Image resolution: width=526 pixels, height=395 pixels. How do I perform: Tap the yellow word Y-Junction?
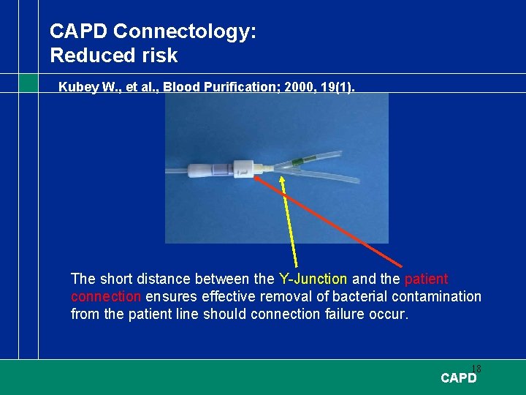(313, 279)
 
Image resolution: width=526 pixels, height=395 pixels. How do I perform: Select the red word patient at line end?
(426, 279)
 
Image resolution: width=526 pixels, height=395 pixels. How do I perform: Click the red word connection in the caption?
(106, 296)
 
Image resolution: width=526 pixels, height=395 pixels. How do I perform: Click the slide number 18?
(476, 369)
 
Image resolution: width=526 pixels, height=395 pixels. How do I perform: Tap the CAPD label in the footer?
(459, 378)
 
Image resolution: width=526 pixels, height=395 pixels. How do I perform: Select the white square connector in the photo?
(244, 169)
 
